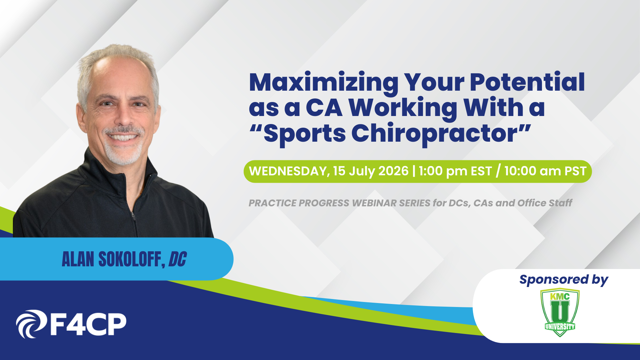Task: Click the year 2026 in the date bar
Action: point(393,171)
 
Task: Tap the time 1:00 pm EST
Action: point(455,171)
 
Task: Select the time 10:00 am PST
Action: point(545,171)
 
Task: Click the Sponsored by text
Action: point(564,280)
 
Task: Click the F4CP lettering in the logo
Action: point(88,324)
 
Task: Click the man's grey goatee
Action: point(123,152)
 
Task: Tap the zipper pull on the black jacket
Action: point(133,216)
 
